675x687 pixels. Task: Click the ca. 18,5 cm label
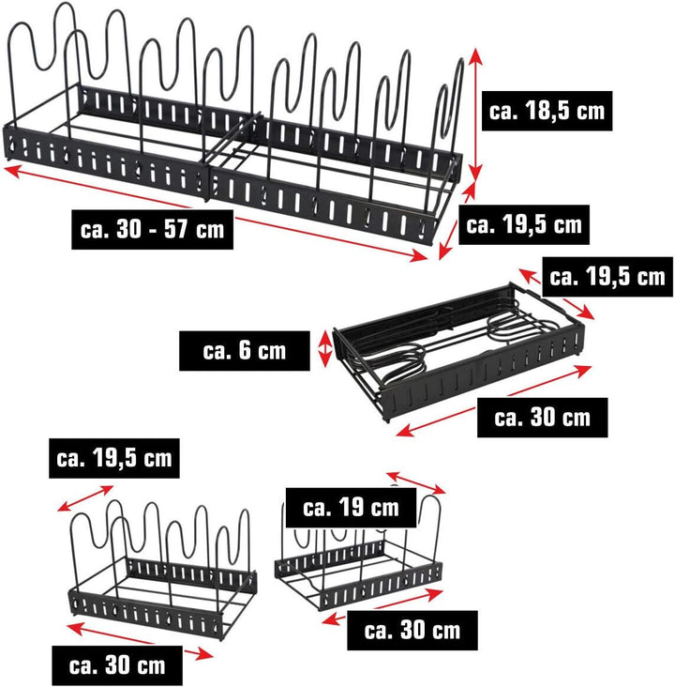point(547,111)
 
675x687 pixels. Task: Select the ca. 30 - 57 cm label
point(152,229)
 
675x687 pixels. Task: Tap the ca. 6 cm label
point(245,351)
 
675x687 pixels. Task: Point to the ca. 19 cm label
point(351,508)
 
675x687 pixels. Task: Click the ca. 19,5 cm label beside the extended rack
point(524,224)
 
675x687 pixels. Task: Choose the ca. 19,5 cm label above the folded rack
point(607,277)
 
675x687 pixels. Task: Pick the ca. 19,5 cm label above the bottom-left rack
point(114,458)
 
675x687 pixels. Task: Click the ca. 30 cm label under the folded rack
point(543,418)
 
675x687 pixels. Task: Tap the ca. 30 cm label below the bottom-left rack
point(117,665)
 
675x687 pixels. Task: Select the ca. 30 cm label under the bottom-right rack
point(412,631)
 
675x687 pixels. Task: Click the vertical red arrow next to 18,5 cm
point(475,114)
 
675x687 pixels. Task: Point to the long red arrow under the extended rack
point(216,213)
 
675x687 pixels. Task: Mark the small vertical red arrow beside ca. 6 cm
point(325,348)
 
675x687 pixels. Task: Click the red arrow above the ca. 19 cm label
point(416,482)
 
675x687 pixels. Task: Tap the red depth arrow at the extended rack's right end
point(457,221)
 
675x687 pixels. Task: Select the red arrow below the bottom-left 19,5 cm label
point(85,498)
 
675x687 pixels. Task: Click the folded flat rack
point(457,350)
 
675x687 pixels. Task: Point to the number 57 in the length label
point(176,229)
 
